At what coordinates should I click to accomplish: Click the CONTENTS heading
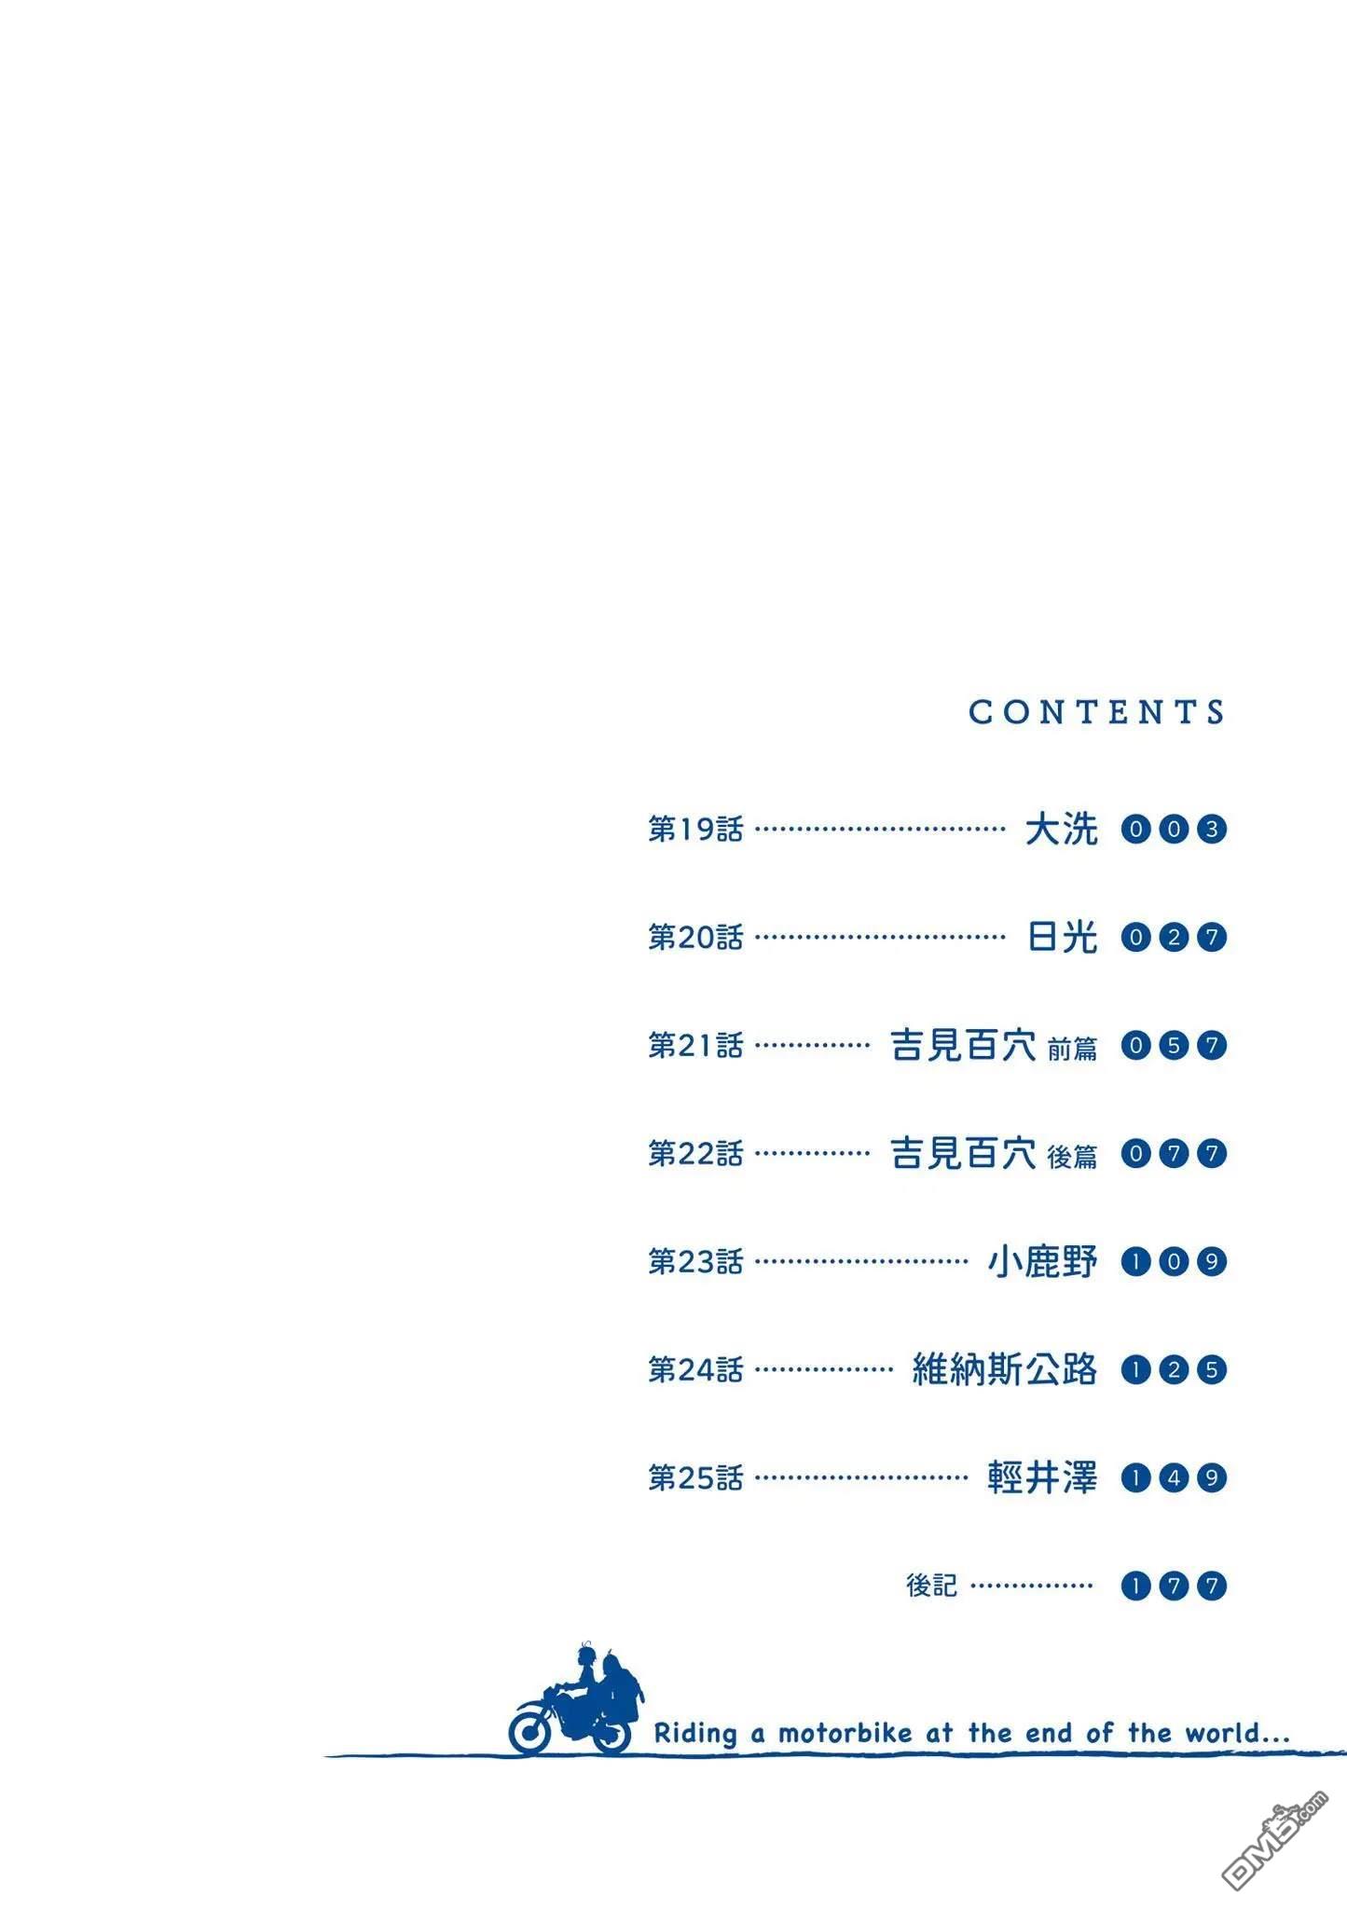pos(1096,712)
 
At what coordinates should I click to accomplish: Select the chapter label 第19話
pos(695,829)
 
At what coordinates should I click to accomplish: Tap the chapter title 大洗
pos(1061,829)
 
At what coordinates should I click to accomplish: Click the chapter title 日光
pos(1061,937)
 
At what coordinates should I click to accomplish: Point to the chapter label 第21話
pos(695,1045)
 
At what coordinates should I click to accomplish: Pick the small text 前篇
pos(1072,1049)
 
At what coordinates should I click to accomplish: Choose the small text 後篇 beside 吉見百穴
pos(1072,1157)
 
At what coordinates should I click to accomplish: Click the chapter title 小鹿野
pos(1042,1261)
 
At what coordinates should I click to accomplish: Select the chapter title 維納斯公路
pos(1005,1369)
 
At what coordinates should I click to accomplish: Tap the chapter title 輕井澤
pos(1042,1477)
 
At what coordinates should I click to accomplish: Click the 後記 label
pos(931,1586)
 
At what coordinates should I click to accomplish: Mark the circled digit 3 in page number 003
pos(1211,829)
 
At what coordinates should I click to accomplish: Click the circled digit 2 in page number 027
pos(1174,937)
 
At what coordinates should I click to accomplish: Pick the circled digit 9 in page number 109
pos(1211,1261)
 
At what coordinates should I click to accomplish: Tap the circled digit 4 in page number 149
pos(1174,1477)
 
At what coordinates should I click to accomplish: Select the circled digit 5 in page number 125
pos(1211,1369)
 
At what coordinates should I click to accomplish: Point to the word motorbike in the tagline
pos(845,1733)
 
